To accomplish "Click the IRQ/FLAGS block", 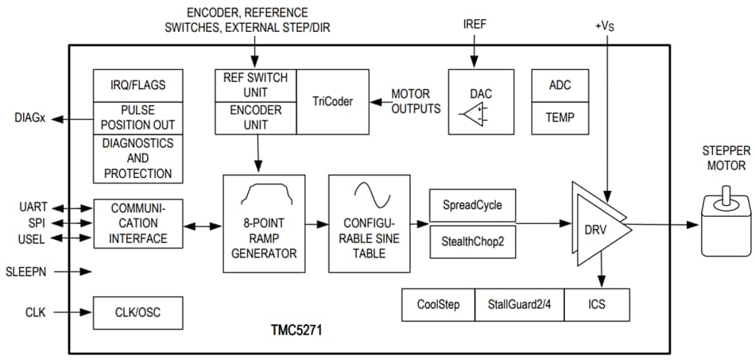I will [138, 85].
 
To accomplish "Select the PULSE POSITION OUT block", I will [138, 117].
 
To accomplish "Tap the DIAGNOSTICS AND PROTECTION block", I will [138, 158].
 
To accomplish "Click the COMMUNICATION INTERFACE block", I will [138, 223].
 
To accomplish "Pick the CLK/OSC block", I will [138, 312].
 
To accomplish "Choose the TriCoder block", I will [331, 101].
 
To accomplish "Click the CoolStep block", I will [438, 304].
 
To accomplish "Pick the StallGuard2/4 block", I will [519, 304].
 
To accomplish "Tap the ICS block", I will [596, 304].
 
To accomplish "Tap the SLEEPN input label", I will [26, 271].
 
